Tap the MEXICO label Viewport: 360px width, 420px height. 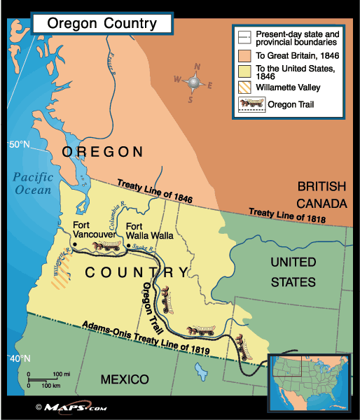pos(125,379)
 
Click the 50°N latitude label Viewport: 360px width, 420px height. pos(19,145)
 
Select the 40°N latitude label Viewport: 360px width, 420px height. pos(18,358)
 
